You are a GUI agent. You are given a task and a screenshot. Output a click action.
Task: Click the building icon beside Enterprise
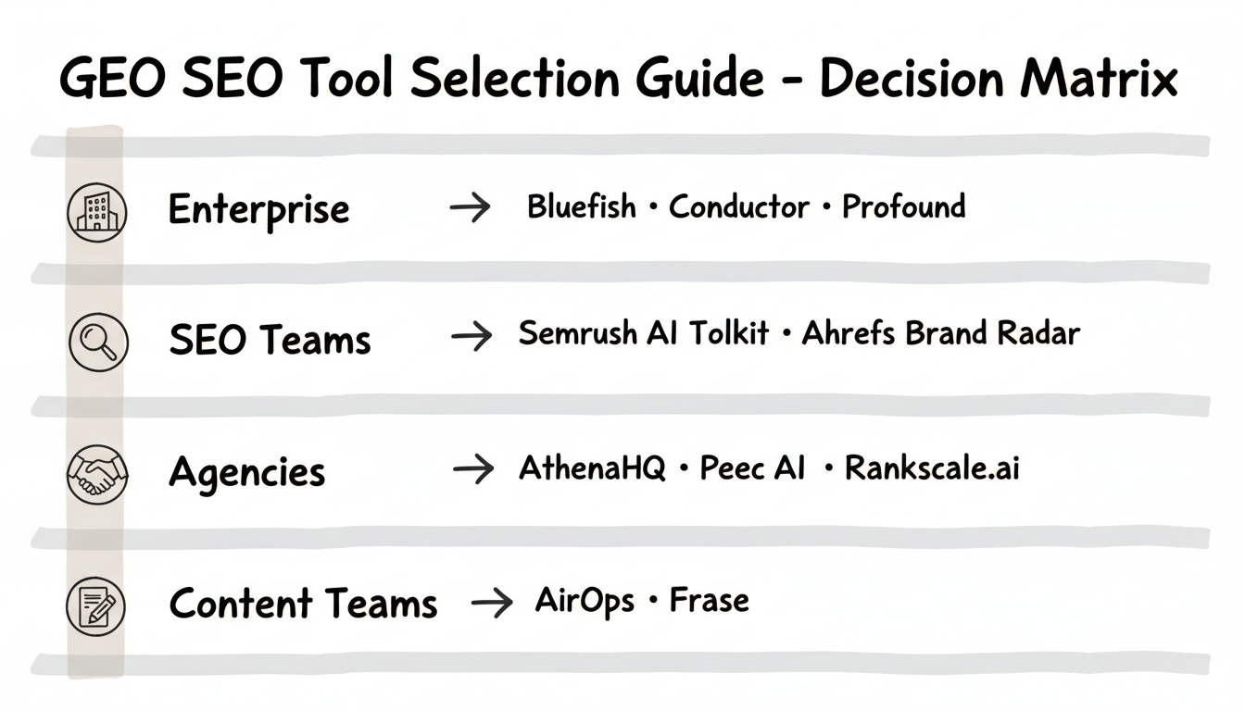click(96, 212)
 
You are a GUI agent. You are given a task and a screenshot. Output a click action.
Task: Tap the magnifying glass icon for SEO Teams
click(96, 341)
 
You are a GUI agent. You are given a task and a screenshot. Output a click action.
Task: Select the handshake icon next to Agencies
click(96, 473)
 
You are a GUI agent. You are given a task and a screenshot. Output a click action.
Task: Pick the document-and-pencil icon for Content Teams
click(96, 605)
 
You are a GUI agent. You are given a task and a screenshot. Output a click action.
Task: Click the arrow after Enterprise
click(470, 209)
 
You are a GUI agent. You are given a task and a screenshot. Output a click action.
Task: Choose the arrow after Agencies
click(472, 470)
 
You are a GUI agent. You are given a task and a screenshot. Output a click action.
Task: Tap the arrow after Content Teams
click(491, 604)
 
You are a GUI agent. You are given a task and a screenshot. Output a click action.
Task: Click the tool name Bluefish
click(582, 206)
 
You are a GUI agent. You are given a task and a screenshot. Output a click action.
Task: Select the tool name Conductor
click(738, 206)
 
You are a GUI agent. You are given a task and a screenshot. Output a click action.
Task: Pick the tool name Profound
click(903, 206)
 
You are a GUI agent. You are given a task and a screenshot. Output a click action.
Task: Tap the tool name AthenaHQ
click(592, 468)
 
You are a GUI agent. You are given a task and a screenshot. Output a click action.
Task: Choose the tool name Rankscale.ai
click(932, 468)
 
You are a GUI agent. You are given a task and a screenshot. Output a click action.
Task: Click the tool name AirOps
click(585, 601)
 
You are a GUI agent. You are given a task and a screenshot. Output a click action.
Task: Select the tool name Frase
click(709, 601)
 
